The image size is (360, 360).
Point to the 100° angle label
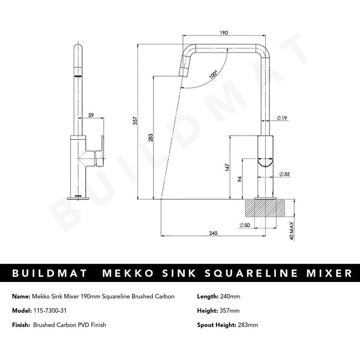click(x=213, y=76)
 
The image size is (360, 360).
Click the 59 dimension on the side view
click(x=91, y=115)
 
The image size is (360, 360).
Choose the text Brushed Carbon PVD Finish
click(x=70, y=326)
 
